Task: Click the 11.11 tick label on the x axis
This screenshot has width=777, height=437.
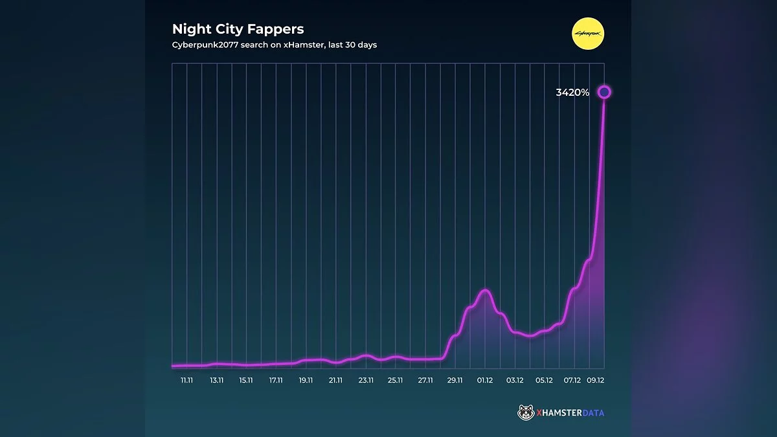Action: pyautogui.click(x=186, y=381)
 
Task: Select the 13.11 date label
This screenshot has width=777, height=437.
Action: pyautogui.click(x=216, y=381)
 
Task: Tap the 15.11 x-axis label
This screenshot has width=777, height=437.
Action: pyautogui.click(x=246, y=381)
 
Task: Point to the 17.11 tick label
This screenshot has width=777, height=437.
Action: pyautogui.click(x=276, y=381)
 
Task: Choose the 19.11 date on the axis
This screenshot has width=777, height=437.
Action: pyautogui.click(x=306, y=381)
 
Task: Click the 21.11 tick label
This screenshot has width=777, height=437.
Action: pyautogui.click(x=336, y=381)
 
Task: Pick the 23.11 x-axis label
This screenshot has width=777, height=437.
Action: pyautogui.click(x=366, y=381)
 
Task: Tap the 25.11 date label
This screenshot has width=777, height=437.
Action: pyautogui.click(x=396, y=381)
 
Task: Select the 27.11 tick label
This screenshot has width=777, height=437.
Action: pyautogui.click(x=425, y=381)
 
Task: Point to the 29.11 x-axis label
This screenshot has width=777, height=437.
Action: pyautogui.click(x=455, y=381)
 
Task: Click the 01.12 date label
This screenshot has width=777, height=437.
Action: pyautogui.click(x=485, y=381)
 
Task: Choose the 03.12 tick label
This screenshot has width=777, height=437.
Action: pyautogui.click(x=515, y=381)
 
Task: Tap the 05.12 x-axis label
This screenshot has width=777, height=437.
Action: pyautogui.click(x=545, y=381)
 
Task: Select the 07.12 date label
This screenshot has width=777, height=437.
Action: pyautogui.click(x=572, y=381)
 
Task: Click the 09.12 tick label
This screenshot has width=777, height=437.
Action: pyautogui.click(x=596, y=381)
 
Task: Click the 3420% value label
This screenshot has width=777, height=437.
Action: pyautogui.click(x=572, y=93)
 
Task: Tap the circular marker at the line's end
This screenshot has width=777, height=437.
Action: pyautogui.click(x=604, y=93)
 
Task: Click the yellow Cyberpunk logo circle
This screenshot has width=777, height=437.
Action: pyautogui.click(x=589, y=34)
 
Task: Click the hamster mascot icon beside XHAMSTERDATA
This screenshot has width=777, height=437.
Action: pyautogui.click(x=526, y=412)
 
